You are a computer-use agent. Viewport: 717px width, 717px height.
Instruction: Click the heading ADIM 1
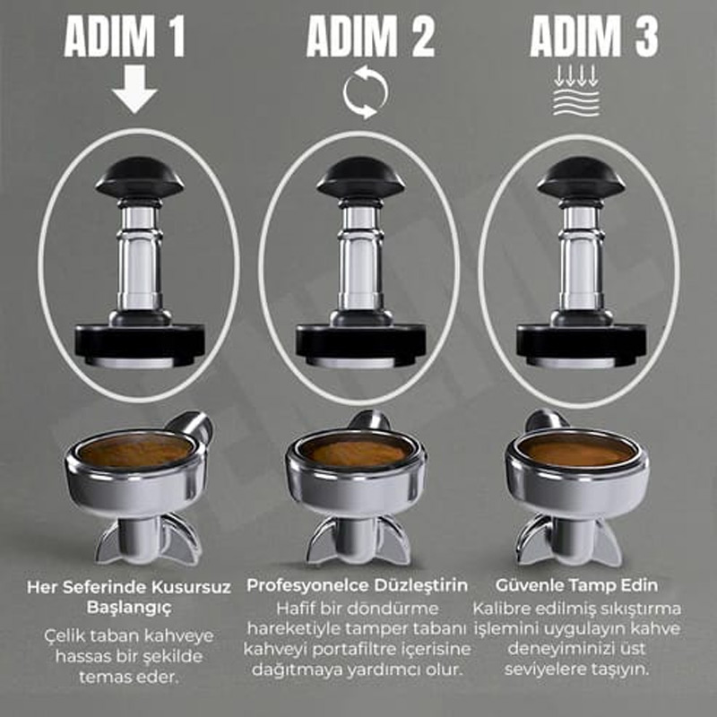pos(125,37)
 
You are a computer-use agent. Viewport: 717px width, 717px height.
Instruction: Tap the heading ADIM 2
pos(370,37)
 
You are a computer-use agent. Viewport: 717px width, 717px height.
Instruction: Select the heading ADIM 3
pos(594,37)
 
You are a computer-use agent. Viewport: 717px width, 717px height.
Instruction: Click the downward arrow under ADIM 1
pos(134,89)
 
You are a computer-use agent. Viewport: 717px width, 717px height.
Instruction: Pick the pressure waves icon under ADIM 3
pos(575,91)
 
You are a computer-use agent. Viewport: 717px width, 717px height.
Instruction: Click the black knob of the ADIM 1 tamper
pos(140,177)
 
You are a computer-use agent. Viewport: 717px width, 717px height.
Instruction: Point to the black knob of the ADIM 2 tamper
pos(360,177)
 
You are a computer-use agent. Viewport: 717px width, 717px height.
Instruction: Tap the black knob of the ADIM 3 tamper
pos(581,177)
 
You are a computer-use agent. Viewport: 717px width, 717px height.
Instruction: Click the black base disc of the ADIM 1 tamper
pos(140,343)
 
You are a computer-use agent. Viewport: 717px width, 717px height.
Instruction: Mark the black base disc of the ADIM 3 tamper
pos(581,343)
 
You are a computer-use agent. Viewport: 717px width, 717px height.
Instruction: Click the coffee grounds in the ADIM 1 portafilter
pos(136,451)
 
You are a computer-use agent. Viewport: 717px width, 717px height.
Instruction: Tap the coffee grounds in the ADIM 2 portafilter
pos(357,451)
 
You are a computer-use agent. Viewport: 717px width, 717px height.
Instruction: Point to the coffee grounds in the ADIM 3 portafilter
pos(577,451)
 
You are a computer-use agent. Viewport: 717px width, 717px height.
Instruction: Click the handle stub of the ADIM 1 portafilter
pos(192,424)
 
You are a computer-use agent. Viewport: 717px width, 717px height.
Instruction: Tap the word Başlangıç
pos(129,609)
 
